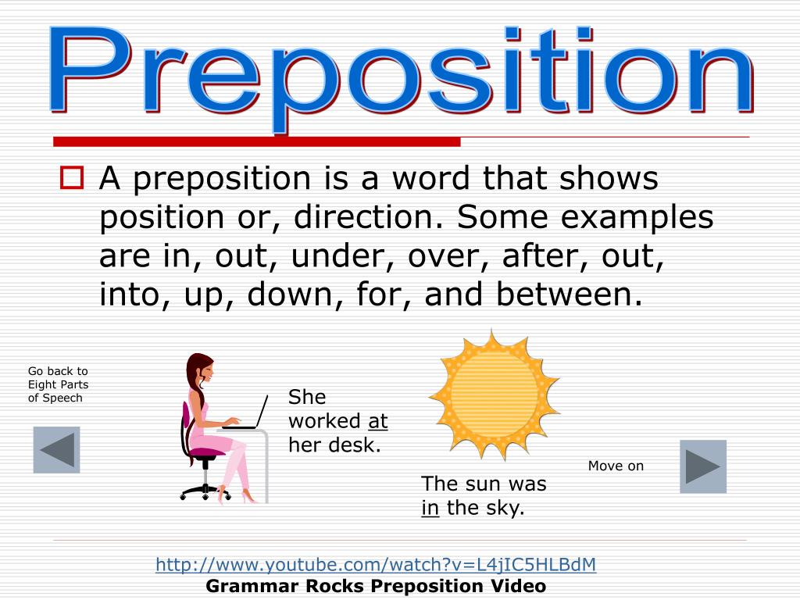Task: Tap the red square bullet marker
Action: tap(71, 180)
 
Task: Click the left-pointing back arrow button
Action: tap(56, 450)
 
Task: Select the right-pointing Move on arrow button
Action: tap(702, 466)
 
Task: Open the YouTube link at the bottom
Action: tap(376, 564)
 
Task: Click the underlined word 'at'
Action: tap(378, 421)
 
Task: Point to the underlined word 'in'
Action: tap(430, 508)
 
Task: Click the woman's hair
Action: tap(195, 383)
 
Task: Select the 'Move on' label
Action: tap(616, 466)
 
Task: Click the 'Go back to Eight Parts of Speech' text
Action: tap(58, 384)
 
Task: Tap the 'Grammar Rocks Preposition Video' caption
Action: tap(376, 586)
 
